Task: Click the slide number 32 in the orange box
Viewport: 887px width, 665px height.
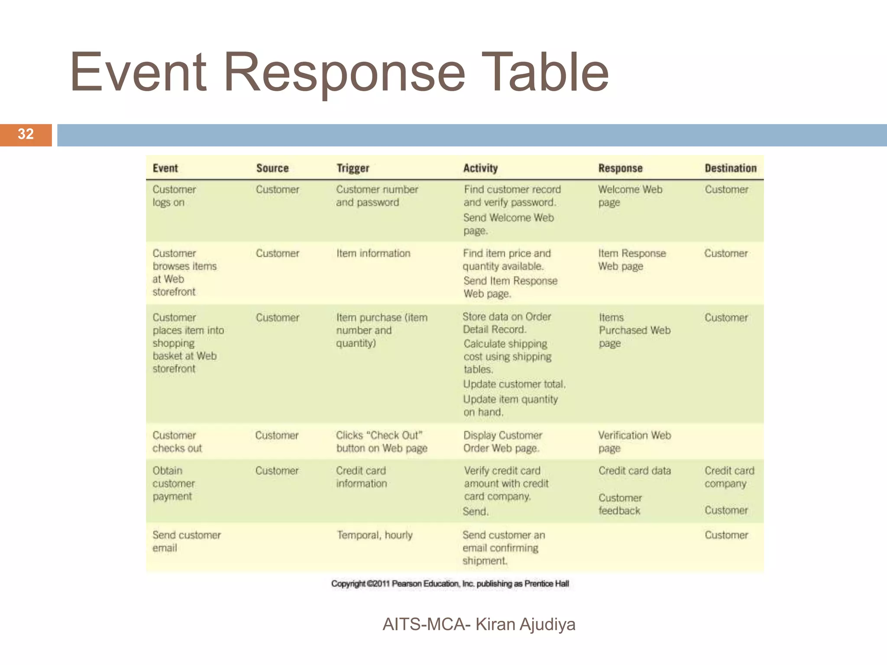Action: [x=26, y=134]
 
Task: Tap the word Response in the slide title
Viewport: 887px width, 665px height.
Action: [x=344, y=72]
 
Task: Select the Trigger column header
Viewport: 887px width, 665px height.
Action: [x=353, y=168]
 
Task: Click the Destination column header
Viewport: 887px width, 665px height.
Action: [x=730, y=168]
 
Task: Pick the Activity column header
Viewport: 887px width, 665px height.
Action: [x=480, y=168]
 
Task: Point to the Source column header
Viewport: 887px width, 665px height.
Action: [x=272, y=168]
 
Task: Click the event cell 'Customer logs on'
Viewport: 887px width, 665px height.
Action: [x=174, y=196]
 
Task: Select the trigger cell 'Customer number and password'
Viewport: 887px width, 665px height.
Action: [x=377, y=196]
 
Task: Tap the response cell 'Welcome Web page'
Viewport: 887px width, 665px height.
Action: [x=630, y=196]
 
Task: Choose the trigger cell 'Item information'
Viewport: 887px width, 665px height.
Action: [x=373, y=253]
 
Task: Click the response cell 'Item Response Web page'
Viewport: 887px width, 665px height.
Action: [x=631, y=260]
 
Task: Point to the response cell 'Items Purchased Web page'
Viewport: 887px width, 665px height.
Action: [x=634, y=330]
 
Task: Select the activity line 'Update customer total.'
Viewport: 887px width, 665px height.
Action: [x=514, y=384]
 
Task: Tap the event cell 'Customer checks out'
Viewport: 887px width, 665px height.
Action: [x=177, y=442]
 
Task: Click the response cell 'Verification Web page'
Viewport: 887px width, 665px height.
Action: [x=634, y=442]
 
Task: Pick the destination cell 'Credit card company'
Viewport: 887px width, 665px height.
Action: [x=729, y=477]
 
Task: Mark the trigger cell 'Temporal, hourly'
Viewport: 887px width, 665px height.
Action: [x=375, y=535]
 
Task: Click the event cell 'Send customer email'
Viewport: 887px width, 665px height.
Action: [x=186, y=541]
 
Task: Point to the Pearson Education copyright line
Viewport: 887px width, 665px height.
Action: [x=450, y=584]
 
